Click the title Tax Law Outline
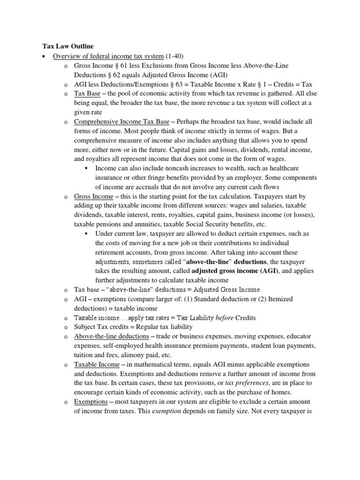click(x=65, y=46)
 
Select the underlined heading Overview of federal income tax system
click(x=108, y=56)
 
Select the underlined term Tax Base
click(x=87, y=94)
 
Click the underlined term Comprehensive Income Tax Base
click(x=121, y=121)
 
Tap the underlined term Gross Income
click(x=94, y=196)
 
